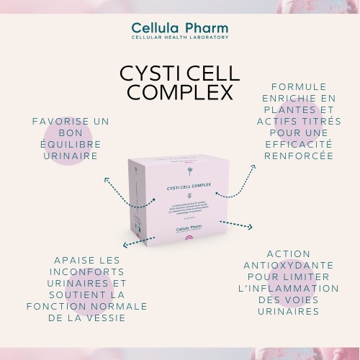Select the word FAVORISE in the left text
pyautogui.click(x=60, y=122)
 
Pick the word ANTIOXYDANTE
pyautogui.click(x=288, y=265)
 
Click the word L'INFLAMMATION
pyautogui.click(x=288, y=288)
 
